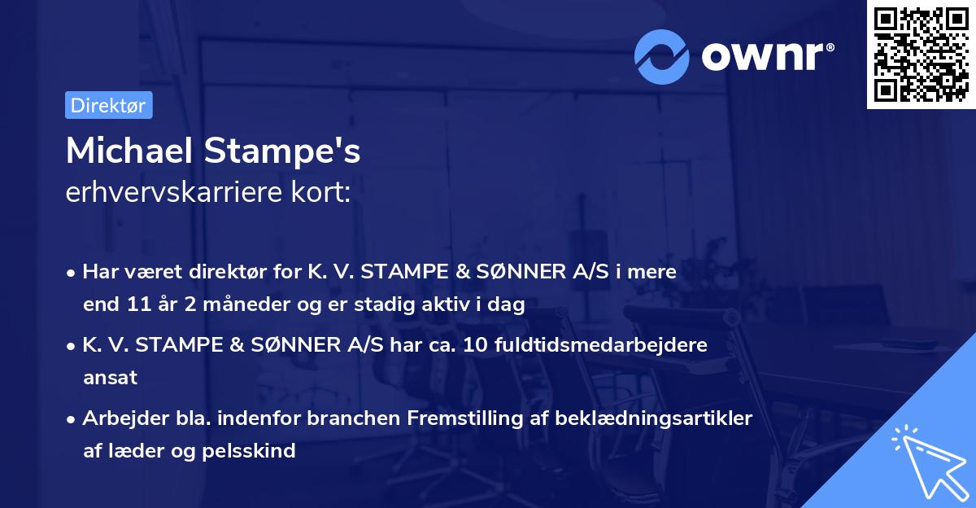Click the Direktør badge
tap(108, 105)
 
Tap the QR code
tap(920, 55)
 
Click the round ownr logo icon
tap(662, 56)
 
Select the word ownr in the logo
tap(767, 57)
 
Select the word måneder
tap(229, 305)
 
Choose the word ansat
tap(110, 378)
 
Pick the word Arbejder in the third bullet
tap(120, 418)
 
